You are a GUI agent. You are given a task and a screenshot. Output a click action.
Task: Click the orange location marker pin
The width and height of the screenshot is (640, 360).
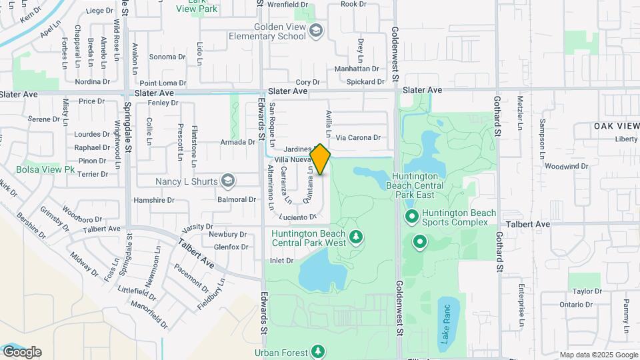click(321, 159)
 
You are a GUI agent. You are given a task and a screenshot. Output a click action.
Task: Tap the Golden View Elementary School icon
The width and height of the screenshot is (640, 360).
click(315, 30)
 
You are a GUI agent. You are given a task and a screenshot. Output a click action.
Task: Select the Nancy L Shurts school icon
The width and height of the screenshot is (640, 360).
click(228, 181)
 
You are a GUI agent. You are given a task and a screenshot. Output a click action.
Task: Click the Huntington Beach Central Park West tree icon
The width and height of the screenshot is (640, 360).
click(356, 237)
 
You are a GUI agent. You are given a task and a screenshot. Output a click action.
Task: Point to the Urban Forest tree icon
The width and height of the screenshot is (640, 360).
click(318, 351)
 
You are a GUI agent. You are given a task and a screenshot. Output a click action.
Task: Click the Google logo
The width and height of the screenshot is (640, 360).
click(22, 352)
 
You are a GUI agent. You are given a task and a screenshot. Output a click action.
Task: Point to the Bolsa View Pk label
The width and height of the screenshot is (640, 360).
click(45, 170)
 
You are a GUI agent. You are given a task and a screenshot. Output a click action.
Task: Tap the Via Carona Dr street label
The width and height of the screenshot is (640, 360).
click(358, 138)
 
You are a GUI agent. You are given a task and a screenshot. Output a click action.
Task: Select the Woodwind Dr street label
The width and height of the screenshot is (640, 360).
click(565, 166)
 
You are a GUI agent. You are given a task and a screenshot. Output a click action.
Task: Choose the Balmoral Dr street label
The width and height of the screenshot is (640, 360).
click(237, 199)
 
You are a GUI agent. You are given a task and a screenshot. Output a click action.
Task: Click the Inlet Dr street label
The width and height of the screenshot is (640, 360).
click(281, 261)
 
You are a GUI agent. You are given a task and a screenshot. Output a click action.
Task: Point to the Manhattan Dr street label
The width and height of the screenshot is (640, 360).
click(356, 69)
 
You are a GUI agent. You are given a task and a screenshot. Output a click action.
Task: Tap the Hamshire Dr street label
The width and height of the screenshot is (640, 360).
click(153, 199)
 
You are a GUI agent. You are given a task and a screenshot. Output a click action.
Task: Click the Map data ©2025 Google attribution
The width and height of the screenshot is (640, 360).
click(599, 355)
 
